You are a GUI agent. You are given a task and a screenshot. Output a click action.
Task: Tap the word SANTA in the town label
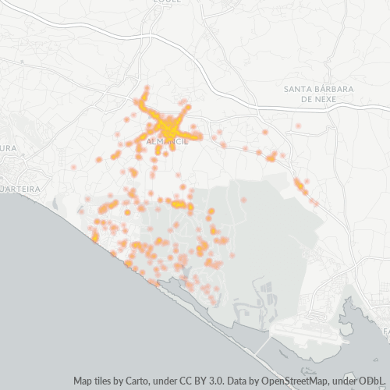(x=299, y=88)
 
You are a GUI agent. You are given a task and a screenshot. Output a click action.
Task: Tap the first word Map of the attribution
(x=84, y=381)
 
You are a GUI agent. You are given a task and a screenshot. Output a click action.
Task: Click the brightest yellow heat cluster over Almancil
(x=165, y=125)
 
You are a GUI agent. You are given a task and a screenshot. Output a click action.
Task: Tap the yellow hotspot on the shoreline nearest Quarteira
(x=95, y=236)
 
